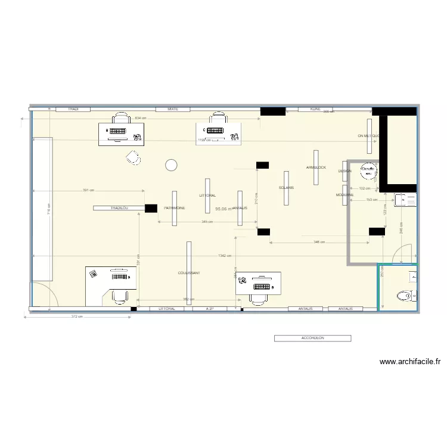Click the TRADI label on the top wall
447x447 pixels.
click(x=73, y=109)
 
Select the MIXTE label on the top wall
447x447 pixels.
click(x=173, y=109)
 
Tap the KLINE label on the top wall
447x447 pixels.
click(x=315, y=109)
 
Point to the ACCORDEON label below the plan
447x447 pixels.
click(x=312, y=338)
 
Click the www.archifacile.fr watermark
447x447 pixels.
click(x=410, y=361)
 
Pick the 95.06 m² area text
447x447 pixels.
click(x=223, y=209)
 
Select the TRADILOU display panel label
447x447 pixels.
click(x=119, y=208)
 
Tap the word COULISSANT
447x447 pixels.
click(x=189, y=273)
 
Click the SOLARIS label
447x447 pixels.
click(x=286, y=188)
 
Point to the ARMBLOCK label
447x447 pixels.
click(x=316, y=167)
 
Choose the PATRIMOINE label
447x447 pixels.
click(x=174, y=208)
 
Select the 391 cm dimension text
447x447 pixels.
click(x=88, y=191)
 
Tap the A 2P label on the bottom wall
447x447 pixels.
click(x=210, y=309)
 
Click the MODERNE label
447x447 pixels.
click(x=344, y=195)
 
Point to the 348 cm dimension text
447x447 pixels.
click(x=319, y=243)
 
